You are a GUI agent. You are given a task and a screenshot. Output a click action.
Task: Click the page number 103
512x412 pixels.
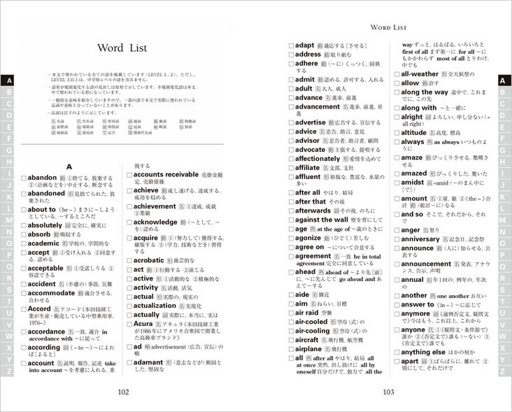coord(390,392)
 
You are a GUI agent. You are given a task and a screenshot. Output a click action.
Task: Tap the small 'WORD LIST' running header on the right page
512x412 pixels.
coord(388,27)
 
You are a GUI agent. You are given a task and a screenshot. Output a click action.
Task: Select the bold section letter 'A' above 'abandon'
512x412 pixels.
coord(69,166)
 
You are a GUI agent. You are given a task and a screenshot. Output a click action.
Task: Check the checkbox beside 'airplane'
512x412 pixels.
coord(290,348)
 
